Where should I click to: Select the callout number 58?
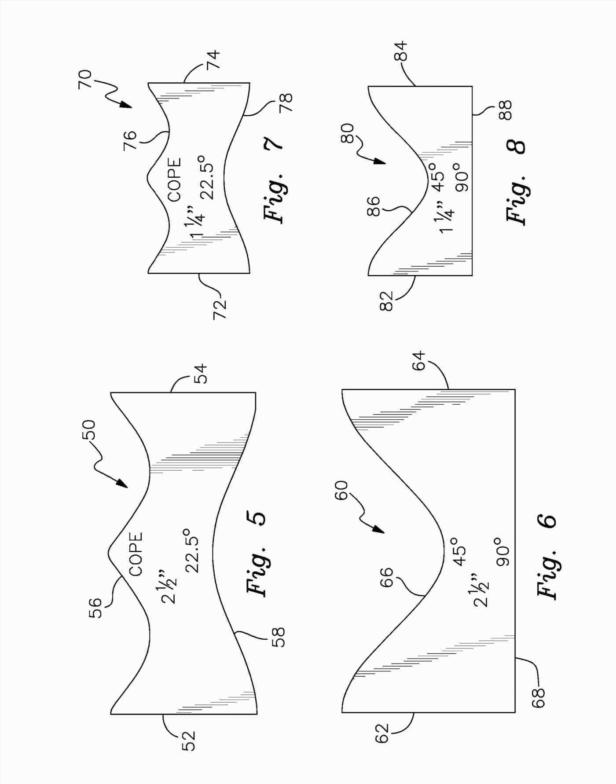click(279, 637)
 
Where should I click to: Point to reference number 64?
click(419, 360)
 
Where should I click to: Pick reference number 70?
click(85, 79)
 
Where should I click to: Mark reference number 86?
click(373, 206)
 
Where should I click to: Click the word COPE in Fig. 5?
click(136, 554)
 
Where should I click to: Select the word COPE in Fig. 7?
click(175, 180)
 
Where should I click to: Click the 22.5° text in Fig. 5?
click(193, 554)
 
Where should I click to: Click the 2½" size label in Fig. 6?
click(480, 590)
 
